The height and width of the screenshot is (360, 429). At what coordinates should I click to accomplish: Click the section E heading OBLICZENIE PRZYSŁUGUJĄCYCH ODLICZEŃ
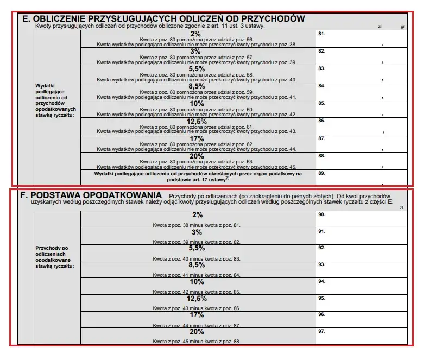(163, 18)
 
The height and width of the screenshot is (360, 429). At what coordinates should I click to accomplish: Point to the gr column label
(403, 26)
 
